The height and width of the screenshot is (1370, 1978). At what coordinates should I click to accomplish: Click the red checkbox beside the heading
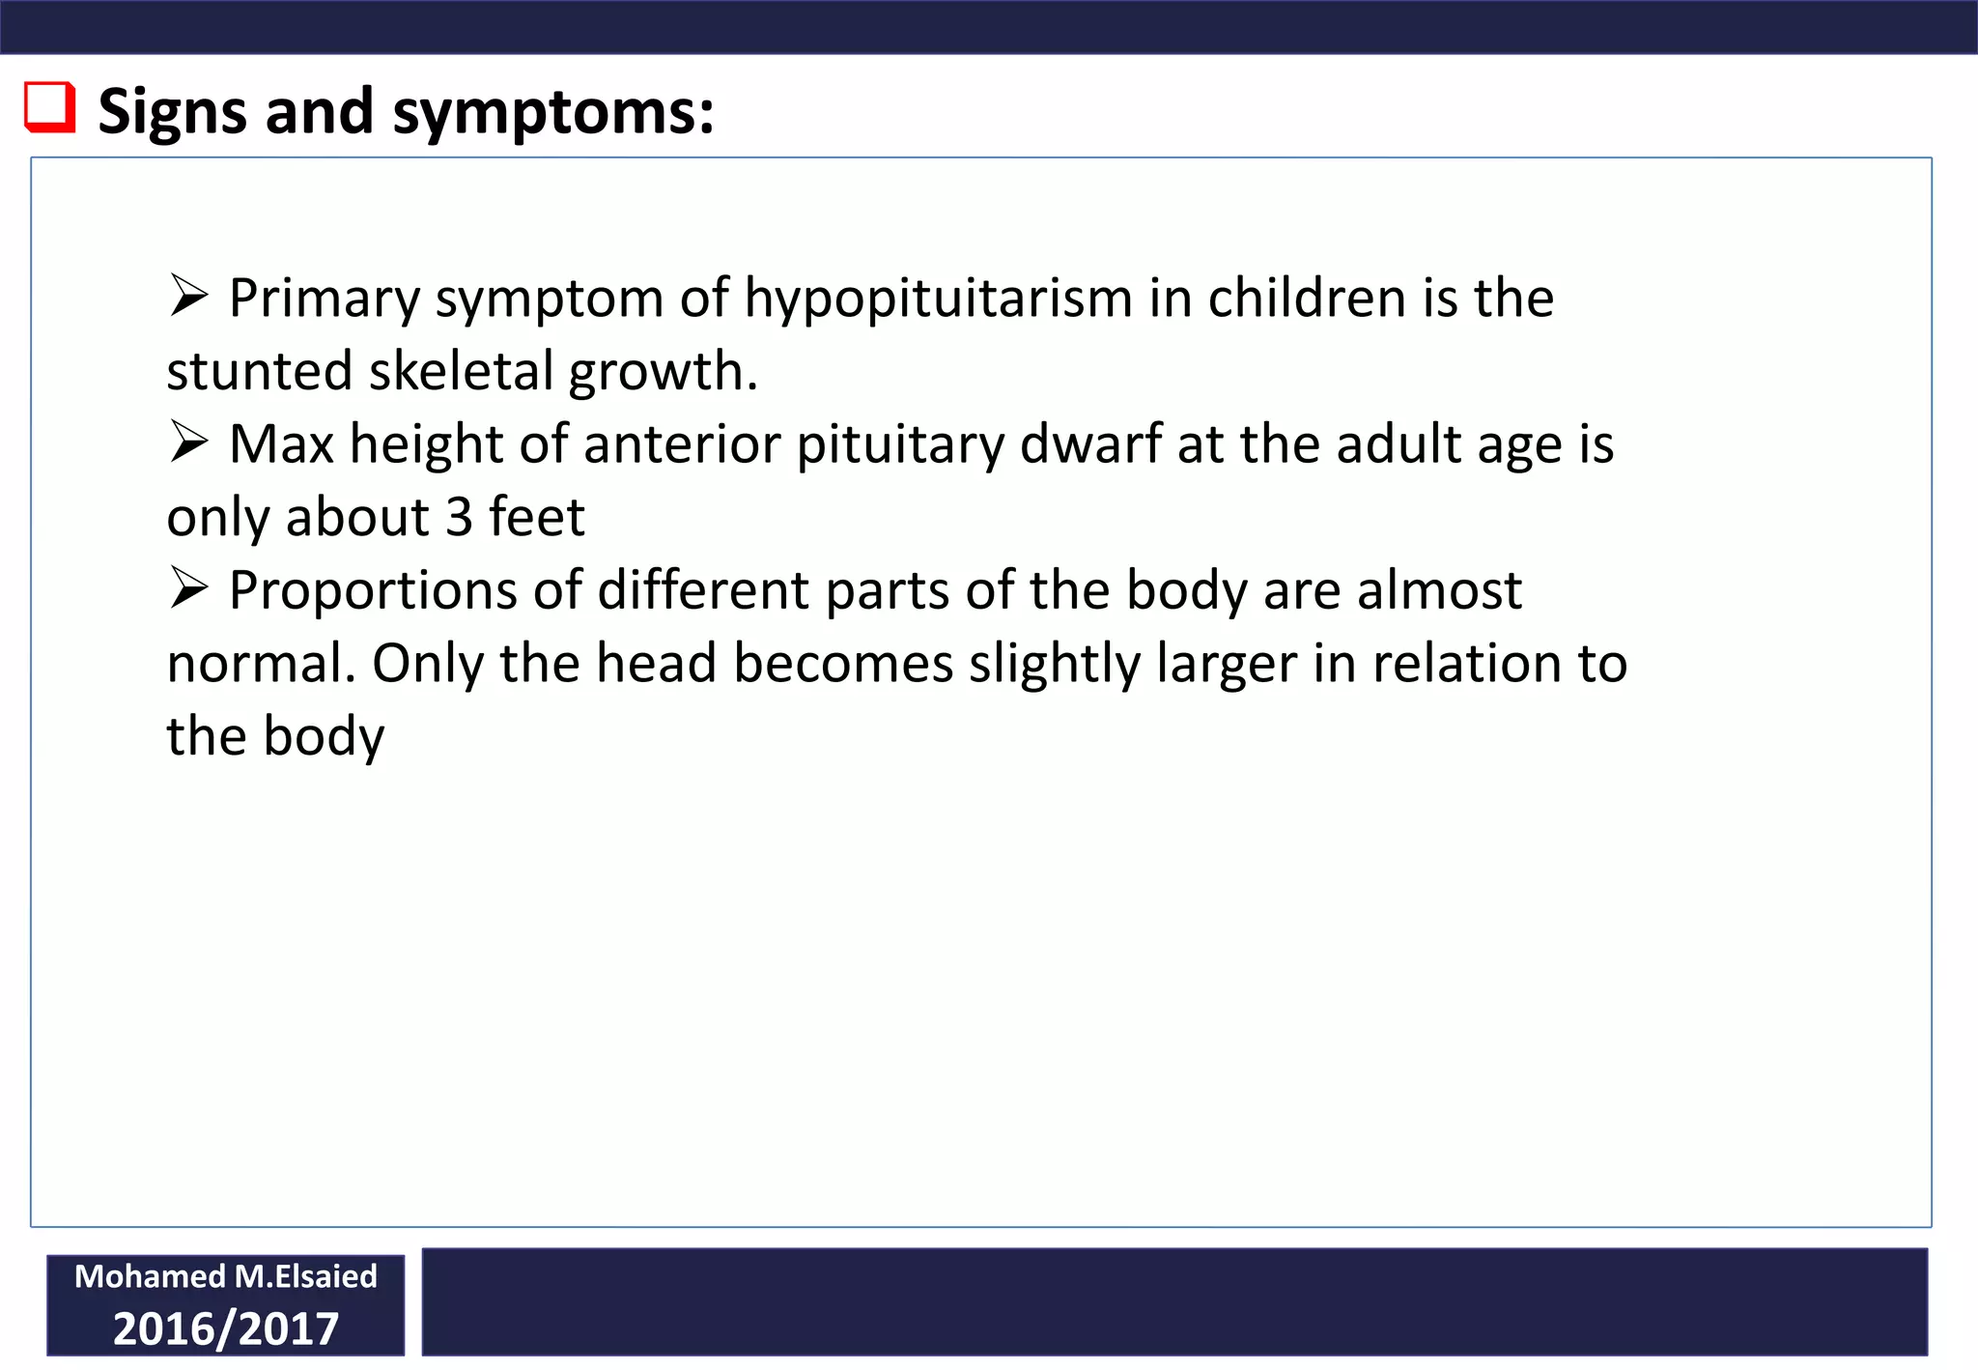pos(49,107)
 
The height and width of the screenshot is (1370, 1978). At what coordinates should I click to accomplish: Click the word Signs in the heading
pos(173,112)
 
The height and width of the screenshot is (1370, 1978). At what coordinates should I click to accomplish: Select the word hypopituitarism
pos(938,299)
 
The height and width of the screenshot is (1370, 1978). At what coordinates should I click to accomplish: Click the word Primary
pos(324,299)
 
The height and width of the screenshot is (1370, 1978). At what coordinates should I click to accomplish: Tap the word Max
pos(281,444)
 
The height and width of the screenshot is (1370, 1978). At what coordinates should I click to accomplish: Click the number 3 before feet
pos(459,517)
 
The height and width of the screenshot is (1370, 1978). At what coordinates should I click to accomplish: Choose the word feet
pos(537,517)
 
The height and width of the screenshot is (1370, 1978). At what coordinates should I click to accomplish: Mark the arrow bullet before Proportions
pos(188,588)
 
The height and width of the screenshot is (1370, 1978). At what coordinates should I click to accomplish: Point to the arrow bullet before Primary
pos(188,296)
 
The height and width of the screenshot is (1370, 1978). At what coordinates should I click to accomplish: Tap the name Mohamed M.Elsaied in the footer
pos(226,1276)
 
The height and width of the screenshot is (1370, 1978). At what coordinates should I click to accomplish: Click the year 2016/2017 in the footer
pos(226,1328)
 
